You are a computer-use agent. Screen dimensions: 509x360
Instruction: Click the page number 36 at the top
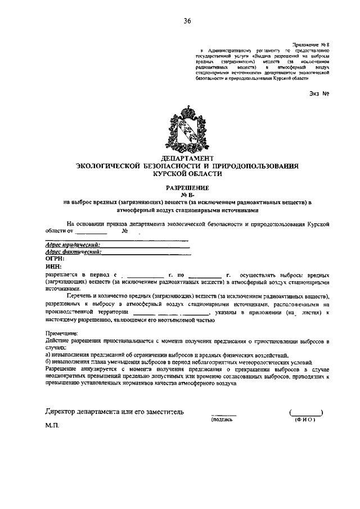click(187, 21)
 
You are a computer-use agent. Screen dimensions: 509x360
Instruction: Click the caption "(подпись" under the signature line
click(222, 419)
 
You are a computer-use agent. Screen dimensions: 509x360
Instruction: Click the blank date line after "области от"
click(91, 231)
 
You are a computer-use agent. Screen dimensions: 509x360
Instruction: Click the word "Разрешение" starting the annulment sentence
click(63, 370)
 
